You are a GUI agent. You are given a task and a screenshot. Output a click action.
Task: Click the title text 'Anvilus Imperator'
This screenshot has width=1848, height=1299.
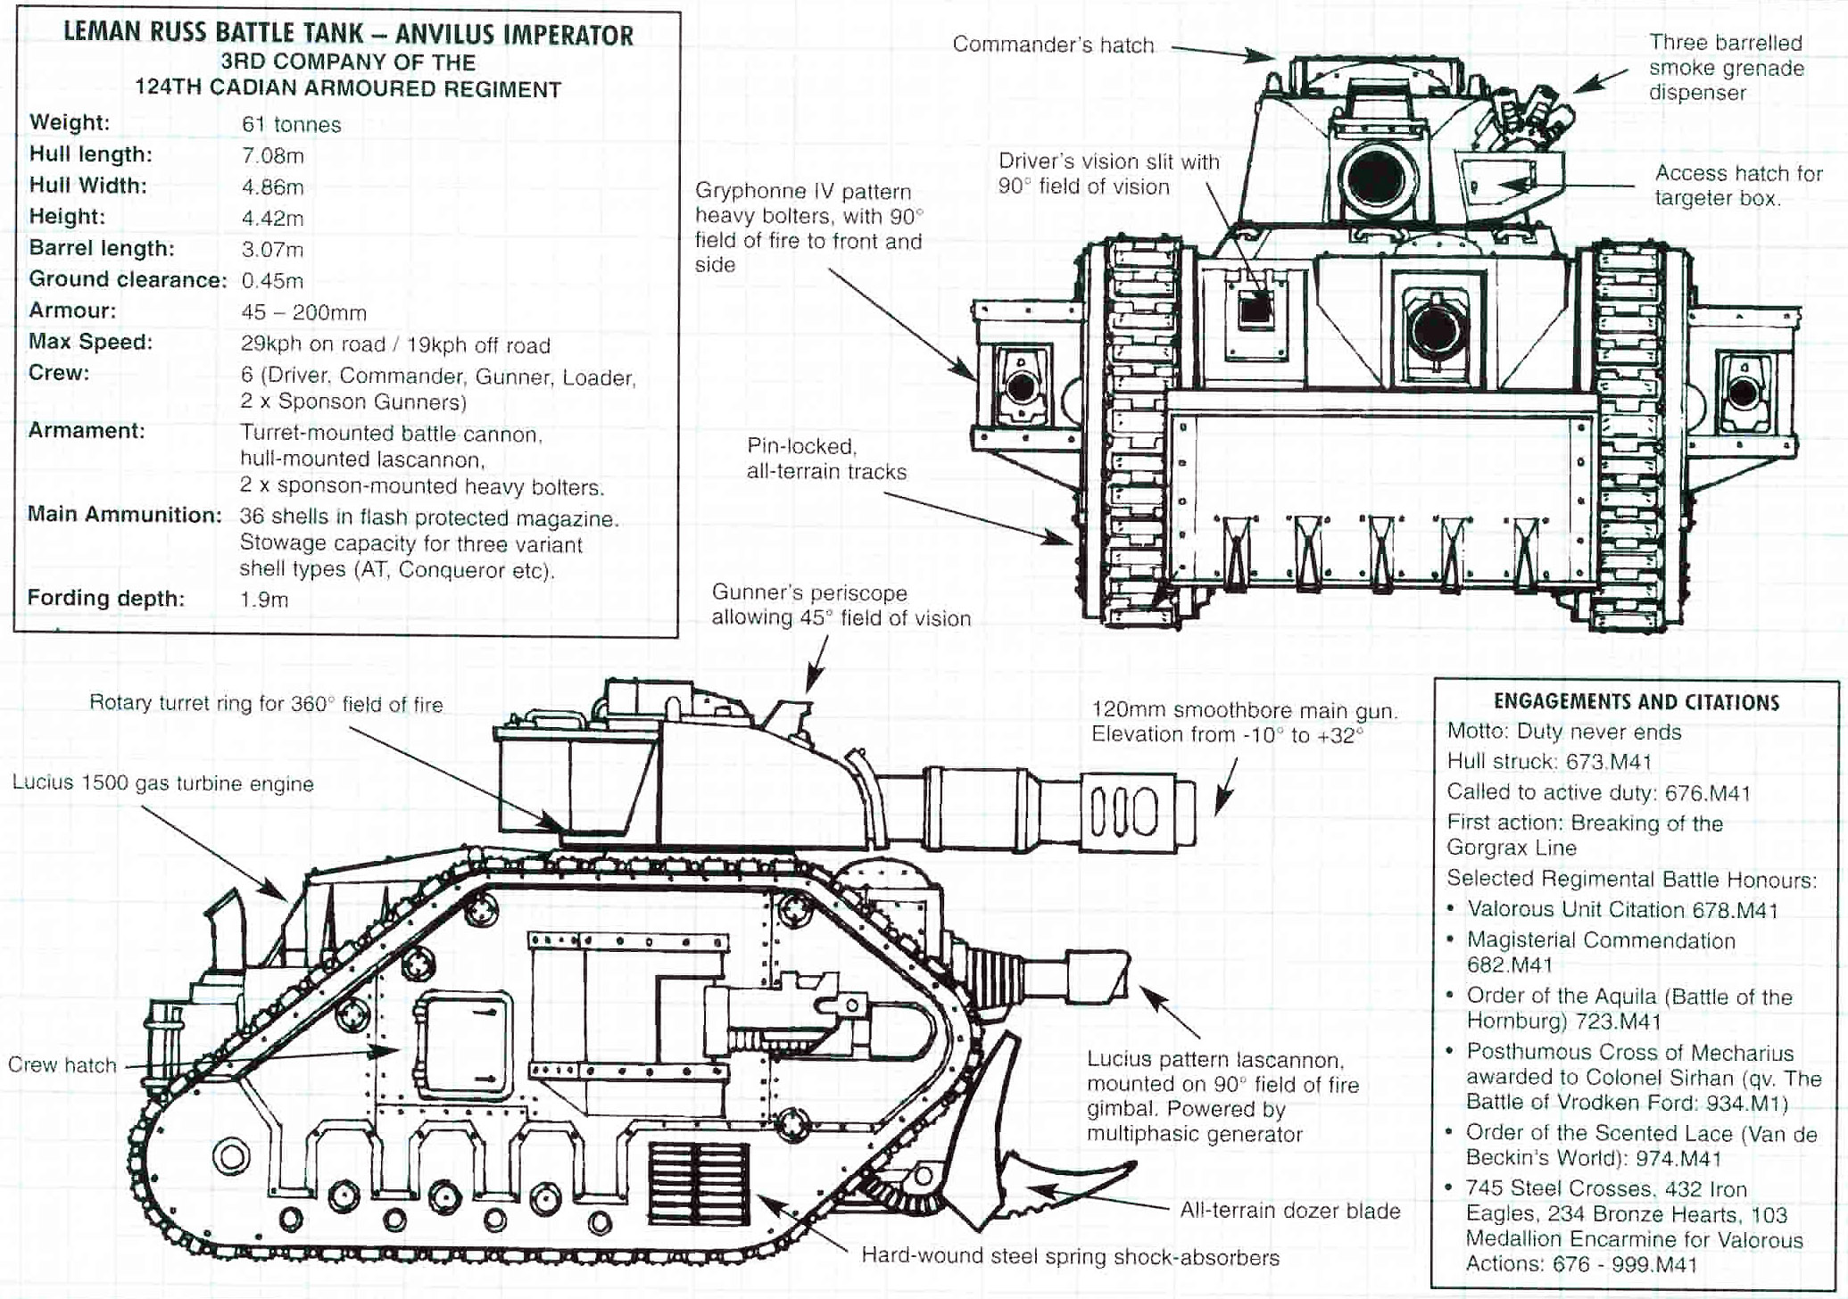coord(514,36)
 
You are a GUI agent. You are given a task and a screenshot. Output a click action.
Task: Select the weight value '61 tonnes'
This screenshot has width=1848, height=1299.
coord(291,124)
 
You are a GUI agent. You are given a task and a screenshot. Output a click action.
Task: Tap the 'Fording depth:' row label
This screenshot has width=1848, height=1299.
coord(106,598)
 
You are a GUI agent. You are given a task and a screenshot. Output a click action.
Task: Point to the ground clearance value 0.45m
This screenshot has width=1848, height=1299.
coord(272,280)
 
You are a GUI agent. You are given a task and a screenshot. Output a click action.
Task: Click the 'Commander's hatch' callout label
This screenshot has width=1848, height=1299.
coord(1053,46)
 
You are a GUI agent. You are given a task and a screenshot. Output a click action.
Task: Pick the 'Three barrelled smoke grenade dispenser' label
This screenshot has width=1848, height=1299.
coord(1726,68)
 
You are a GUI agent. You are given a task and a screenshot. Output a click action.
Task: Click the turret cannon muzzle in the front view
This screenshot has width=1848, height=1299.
coord(1375,177)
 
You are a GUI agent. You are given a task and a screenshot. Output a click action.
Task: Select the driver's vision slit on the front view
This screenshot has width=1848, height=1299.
coord(1255,309)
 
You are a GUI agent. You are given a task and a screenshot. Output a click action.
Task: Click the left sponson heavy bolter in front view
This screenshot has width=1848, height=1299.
coord(1020,388)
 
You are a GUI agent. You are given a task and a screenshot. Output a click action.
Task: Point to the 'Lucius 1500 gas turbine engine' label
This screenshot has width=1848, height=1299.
coord(163,783)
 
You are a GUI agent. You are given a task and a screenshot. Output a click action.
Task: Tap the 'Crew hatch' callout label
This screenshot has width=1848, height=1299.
coord(62,1064)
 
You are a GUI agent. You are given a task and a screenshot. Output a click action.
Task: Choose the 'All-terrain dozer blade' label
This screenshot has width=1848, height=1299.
coord(1290,1211)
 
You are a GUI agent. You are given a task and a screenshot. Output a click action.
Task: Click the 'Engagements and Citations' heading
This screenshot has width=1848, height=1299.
coord(1637,702)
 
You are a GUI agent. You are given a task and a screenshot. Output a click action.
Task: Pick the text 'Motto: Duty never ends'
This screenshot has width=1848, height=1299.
coord(1563,732)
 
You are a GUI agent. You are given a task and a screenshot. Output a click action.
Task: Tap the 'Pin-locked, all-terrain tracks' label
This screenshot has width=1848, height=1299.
coord(826,459)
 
